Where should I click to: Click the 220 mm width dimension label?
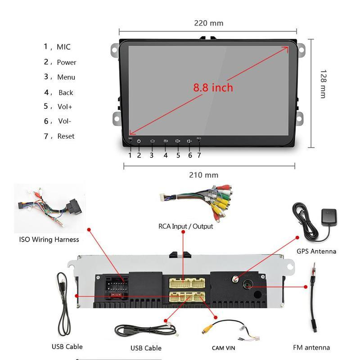(x=208, y=23)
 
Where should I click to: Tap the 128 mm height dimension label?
(x=323, y=84)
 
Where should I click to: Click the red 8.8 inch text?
(x=213, y=87)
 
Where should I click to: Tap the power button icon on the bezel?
(x=139, y=141)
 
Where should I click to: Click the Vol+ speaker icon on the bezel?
(x=178, y=141)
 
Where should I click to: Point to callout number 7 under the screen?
(x=199, y=155)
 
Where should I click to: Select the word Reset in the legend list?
(x=66, y=136)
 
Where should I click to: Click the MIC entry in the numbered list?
(x=63, y=47)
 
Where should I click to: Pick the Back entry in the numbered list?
(x=66, y=92)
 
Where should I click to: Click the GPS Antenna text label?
(x=316, y=251)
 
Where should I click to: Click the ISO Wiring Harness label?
(x=49, y=239)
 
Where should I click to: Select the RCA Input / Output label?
(x=186, y=226)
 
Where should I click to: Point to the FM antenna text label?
(x=311, y=347)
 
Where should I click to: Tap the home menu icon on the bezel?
(x=152, y=141)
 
